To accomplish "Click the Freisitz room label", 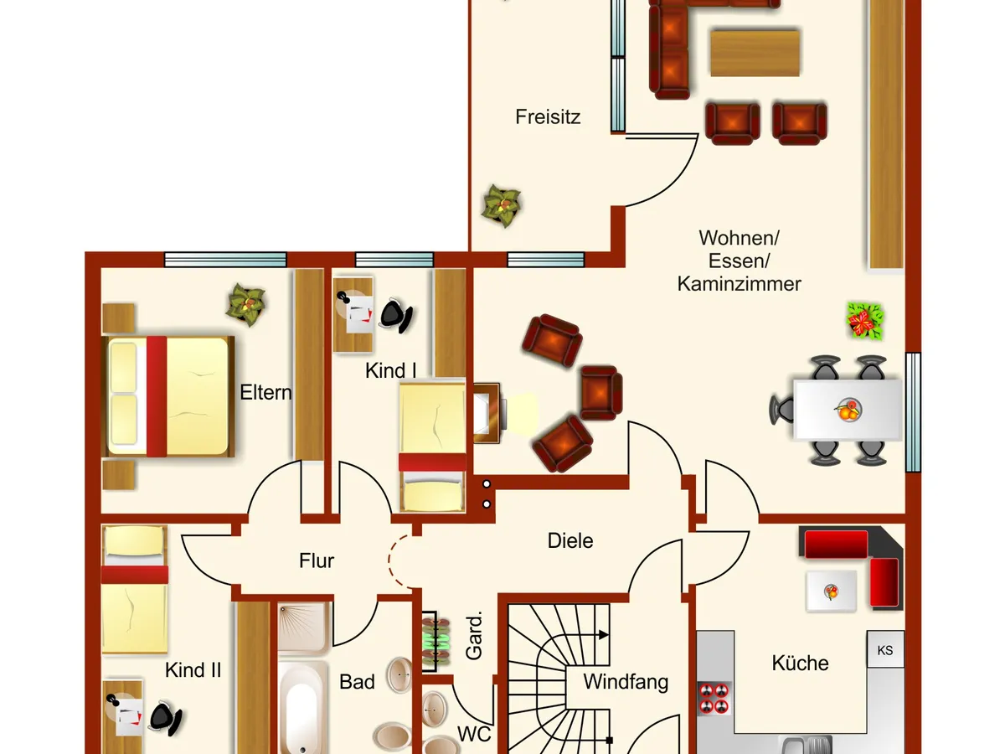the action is pyautogui.click(x=548, y=117).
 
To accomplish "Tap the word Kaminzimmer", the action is pyautogui.click(x=739, y=284).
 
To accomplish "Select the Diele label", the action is pyautogui.click(x=570, y=540).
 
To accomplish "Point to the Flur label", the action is pyautogui.click(x=317, y=560).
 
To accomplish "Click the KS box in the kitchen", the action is pyautogui.click(x=885, y=650).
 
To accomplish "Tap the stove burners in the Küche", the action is pyautogui.click(x=714, y=699).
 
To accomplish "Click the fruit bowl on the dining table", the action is pyautogui.click(x=848, y=411).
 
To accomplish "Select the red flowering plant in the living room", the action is pyautogui.click(x=864, y=321).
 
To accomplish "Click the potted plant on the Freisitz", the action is pyautogui.click(x=502, y=205).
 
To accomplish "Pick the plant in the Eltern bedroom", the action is pyautogui.click(x=246, y=304).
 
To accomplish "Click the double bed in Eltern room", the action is pyautogui.click(x=168, y=396).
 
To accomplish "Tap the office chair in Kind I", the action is pyautogui.click(x=396, y=316).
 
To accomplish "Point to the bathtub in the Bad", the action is pyautogui.click(x=302, y=708).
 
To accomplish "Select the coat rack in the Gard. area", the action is pyautogui.click(x=435, y=641).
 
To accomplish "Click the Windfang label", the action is pyautogui.click(x=626, y=682).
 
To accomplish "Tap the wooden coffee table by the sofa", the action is pyautogui.click(x=755, y=53).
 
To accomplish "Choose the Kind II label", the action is pyautogui.click(x=193, y=670).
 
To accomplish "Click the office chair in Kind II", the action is pyautogui.click(x=165, y=718).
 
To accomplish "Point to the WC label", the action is pyautogui.click(x=474, y=735).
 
